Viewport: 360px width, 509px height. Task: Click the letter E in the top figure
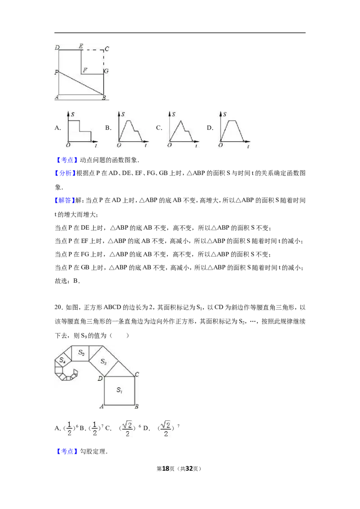pos(81,47)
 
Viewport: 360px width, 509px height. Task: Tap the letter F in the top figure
pos(84,70)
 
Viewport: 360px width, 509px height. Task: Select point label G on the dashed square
pos(106,71)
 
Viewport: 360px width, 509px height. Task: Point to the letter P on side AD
pos(56,72)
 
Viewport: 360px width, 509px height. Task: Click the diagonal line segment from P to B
pos(81,83)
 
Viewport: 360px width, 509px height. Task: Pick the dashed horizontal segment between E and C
pos(92,50)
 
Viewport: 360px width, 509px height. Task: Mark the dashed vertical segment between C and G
pos(104,59)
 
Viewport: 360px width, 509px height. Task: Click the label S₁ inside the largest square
pos(119,390)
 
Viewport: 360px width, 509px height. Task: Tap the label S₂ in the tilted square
pos(103,362)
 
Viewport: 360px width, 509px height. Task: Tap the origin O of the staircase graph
pos(67,145)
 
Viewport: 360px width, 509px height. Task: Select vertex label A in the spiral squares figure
pos(102,406)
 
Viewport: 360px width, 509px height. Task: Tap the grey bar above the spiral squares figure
pos(88,344)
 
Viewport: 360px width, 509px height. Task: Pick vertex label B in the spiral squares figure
pos(137,406)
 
